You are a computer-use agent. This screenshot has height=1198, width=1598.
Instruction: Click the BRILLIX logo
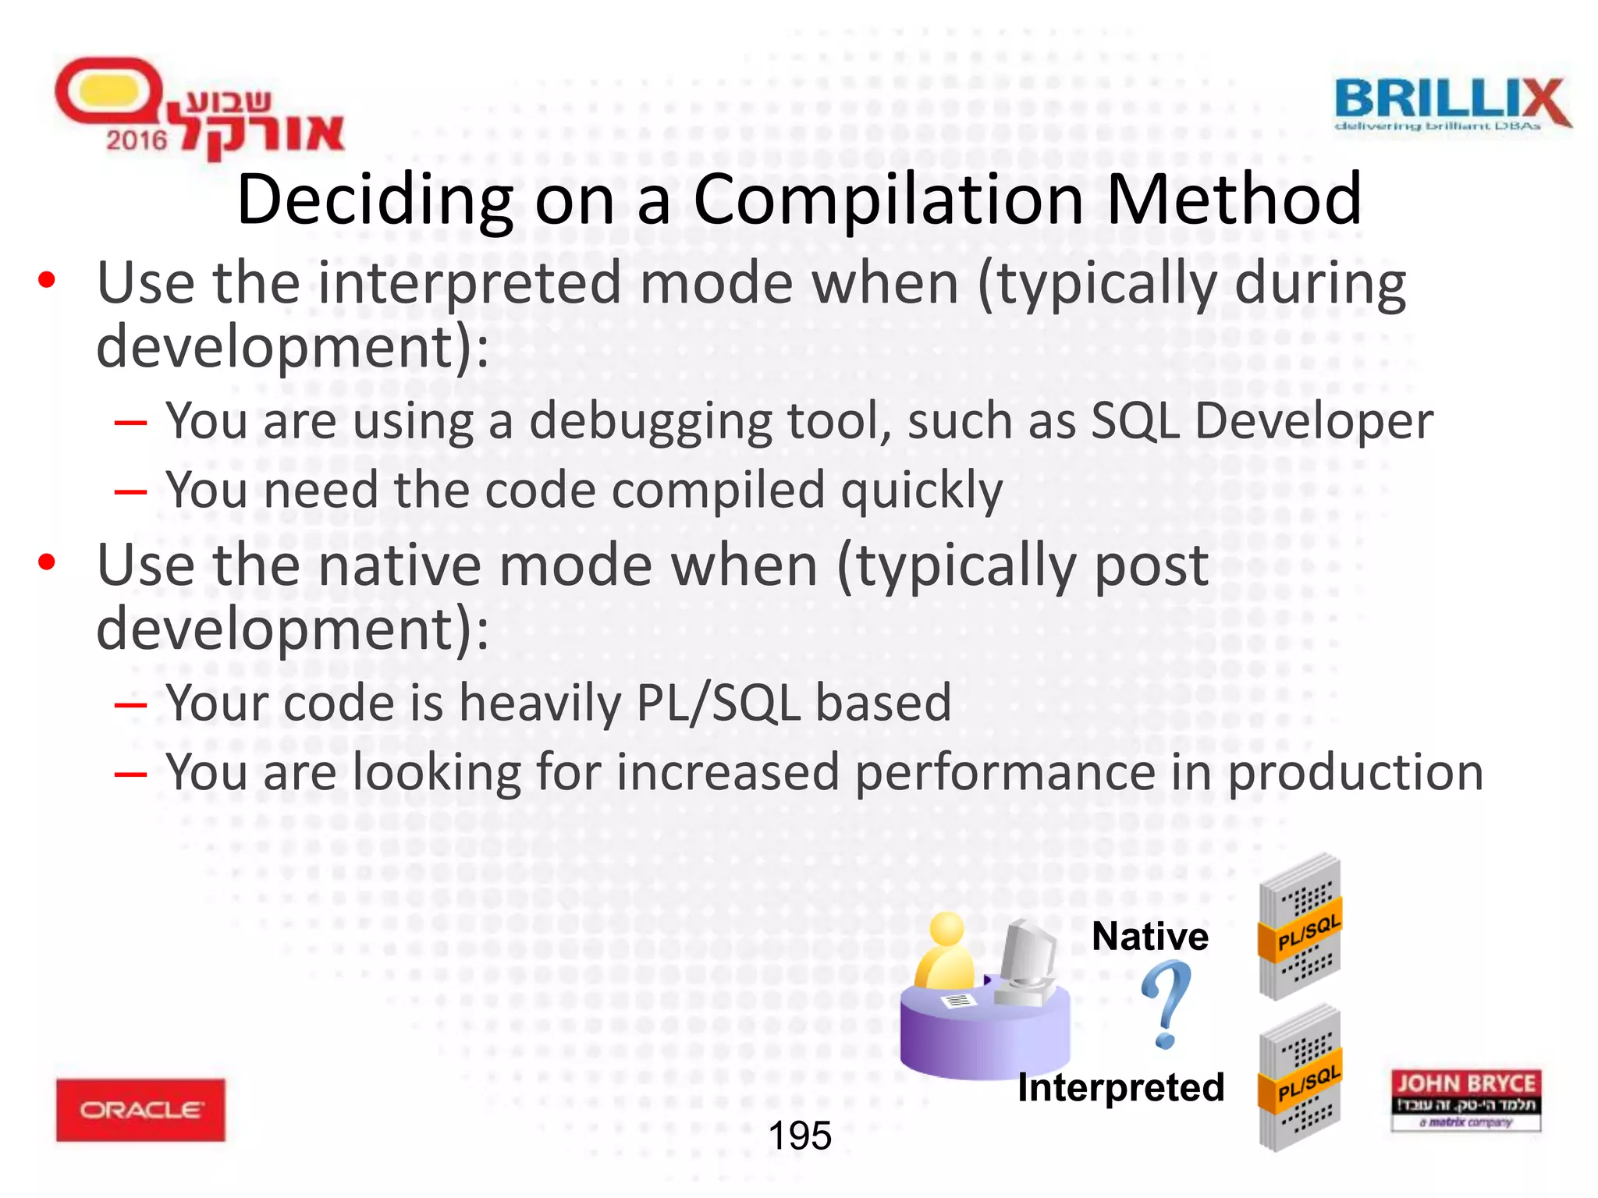tap(1451, 103)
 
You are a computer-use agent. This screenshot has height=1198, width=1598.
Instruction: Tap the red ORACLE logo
tap(140, 1109)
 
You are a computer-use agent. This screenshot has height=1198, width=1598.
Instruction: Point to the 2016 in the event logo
tap(137, 140)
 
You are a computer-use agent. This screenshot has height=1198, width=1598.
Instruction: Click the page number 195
tap(800, 1136)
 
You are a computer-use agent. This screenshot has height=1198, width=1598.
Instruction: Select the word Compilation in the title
tap(888, 200)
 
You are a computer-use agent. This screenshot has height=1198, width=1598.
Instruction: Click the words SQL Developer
tap(1261, 421)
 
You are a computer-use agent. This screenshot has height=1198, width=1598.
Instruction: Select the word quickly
tap(922, 491)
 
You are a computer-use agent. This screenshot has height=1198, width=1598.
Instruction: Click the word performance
tap(1004, 772)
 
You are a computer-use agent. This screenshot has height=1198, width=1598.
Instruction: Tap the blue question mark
tap(1166, 1003)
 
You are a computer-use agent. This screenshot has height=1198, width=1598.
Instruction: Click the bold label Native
tap(1149, 936)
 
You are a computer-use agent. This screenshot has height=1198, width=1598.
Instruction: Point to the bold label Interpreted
tap(1120, 1087)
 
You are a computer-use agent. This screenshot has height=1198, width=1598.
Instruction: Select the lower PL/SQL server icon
tap(1300, 1079)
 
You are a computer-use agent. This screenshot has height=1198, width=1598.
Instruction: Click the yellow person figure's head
tap(946, 929)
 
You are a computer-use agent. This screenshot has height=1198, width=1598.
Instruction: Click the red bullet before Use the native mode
tap(47, 562)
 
